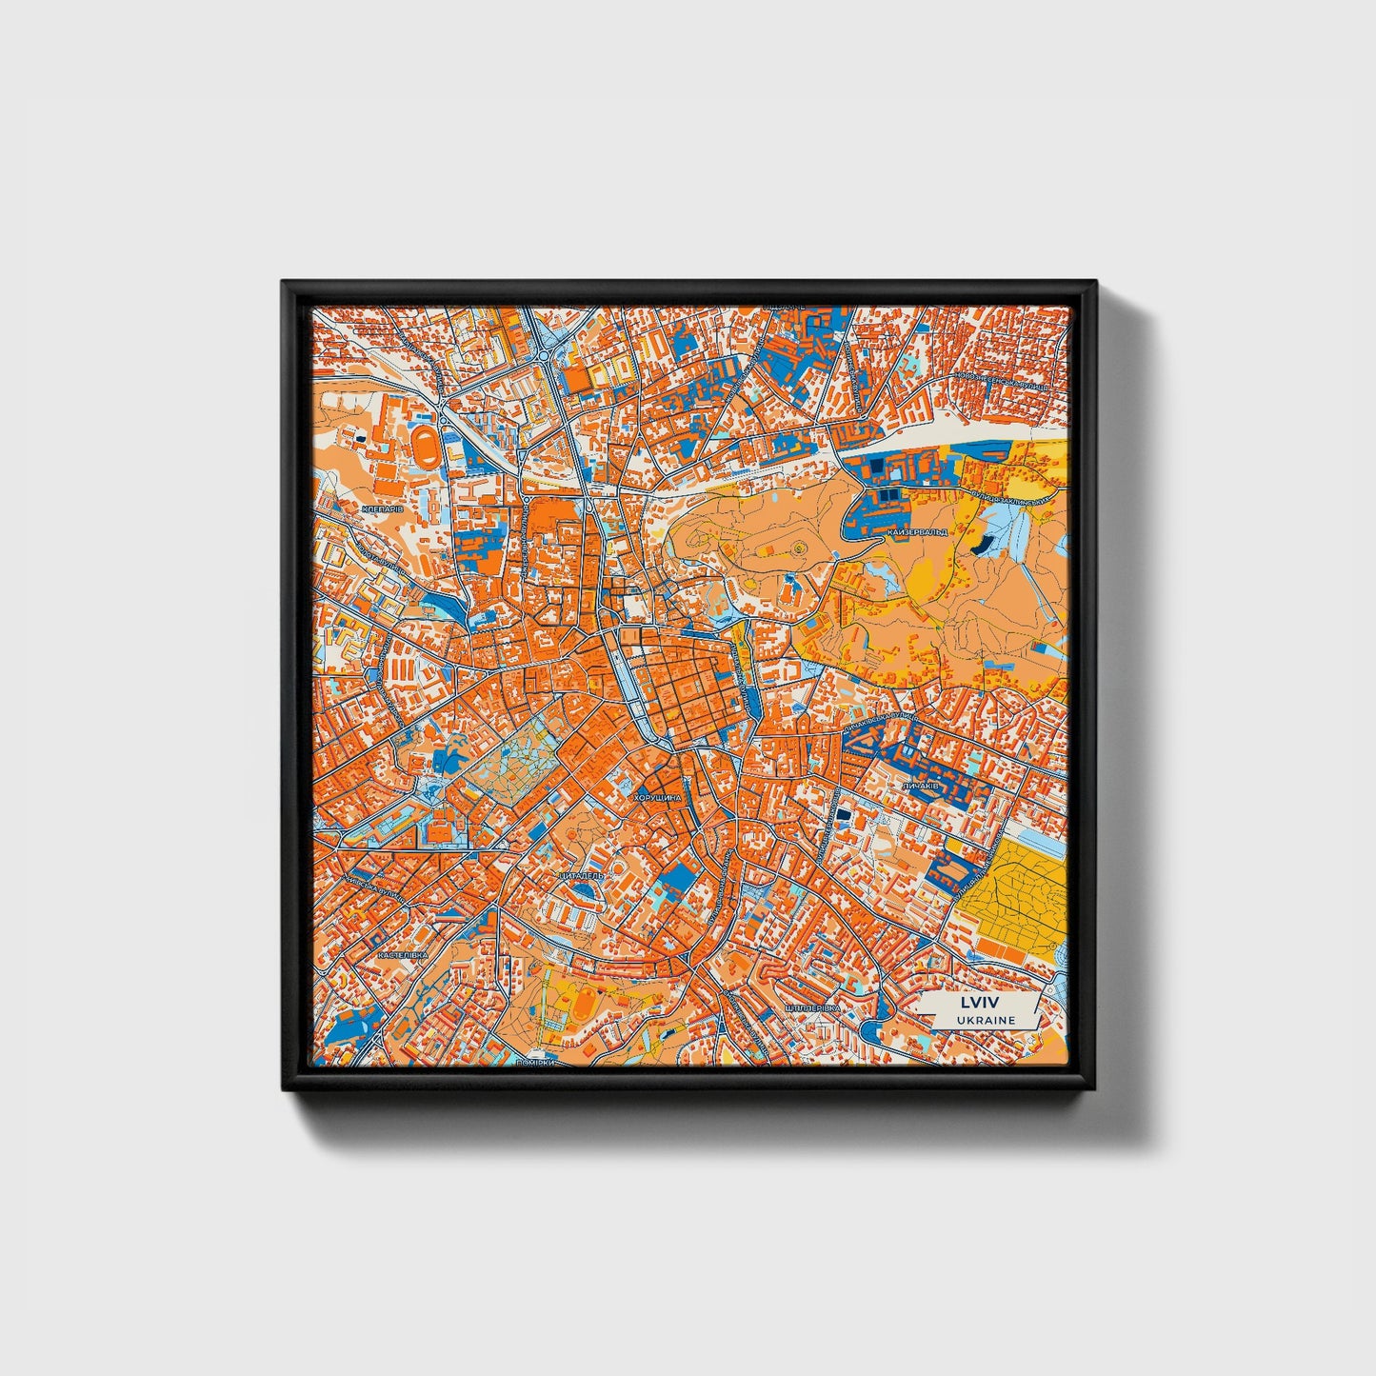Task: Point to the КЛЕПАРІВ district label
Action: coord(383,509)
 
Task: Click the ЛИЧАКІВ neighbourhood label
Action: coord(920,787)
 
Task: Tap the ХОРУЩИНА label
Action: coord(657,798)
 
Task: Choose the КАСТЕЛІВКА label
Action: coord(403,953)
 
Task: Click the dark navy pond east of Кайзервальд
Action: coord(981,545)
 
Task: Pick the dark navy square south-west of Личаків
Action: coord(844,815)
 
